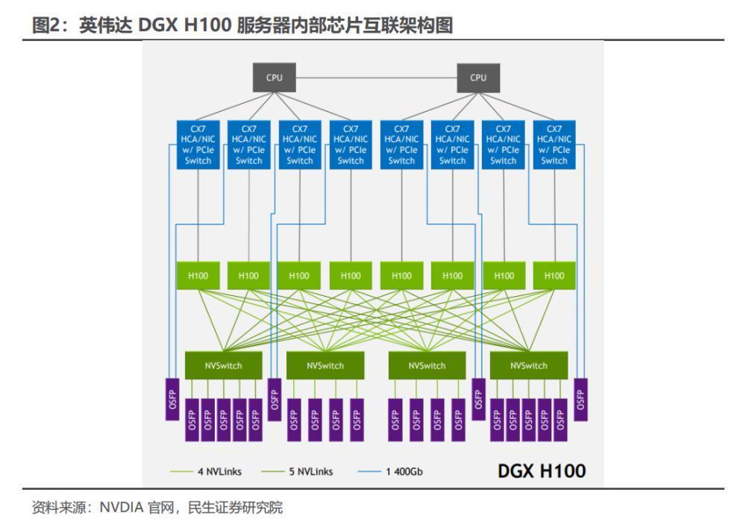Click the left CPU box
click(x=274, y=77)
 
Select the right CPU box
click(x=478, y=78)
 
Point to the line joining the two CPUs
click(x=376, y=78)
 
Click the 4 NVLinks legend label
click(x=220, y=471)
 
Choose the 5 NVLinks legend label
click(x=311, y=471)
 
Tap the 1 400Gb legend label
click(x=404, y=471)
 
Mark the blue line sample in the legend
click(x=369, y=471)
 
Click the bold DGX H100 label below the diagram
click(x=542, y=471)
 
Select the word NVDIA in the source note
click(x=122, y=507)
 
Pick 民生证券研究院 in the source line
click(x=235, y=507)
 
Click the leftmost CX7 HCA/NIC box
click(x=198, y=145)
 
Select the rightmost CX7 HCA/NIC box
click(x=554, y=145)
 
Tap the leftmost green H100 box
click(x=198, y=275)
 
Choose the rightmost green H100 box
click(x=554, y=275)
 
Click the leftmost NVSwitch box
click(x=223, y=365)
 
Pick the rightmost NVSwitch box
click(x=529, y=365)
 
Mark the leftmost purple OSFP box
click(x=172, y=399)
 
